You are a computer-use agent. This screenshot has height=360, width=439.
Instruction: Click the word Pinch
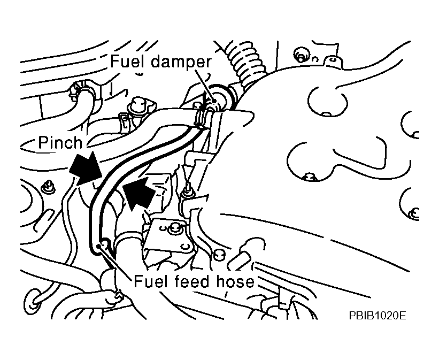tap(60, 142)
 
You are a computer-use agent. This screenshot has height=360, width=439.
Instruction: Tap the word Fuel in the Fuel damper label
tap(128, 61)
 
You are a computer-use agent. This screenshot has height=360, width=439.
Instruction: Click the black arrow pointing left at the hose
tap(140, 193)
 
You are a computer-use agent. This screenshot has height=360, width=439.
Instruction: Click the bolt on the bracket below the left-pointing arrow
tap(173, 230)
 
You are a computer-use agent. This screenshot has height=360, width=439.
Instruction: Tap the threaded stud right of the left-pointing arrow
tap(187, 190)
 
